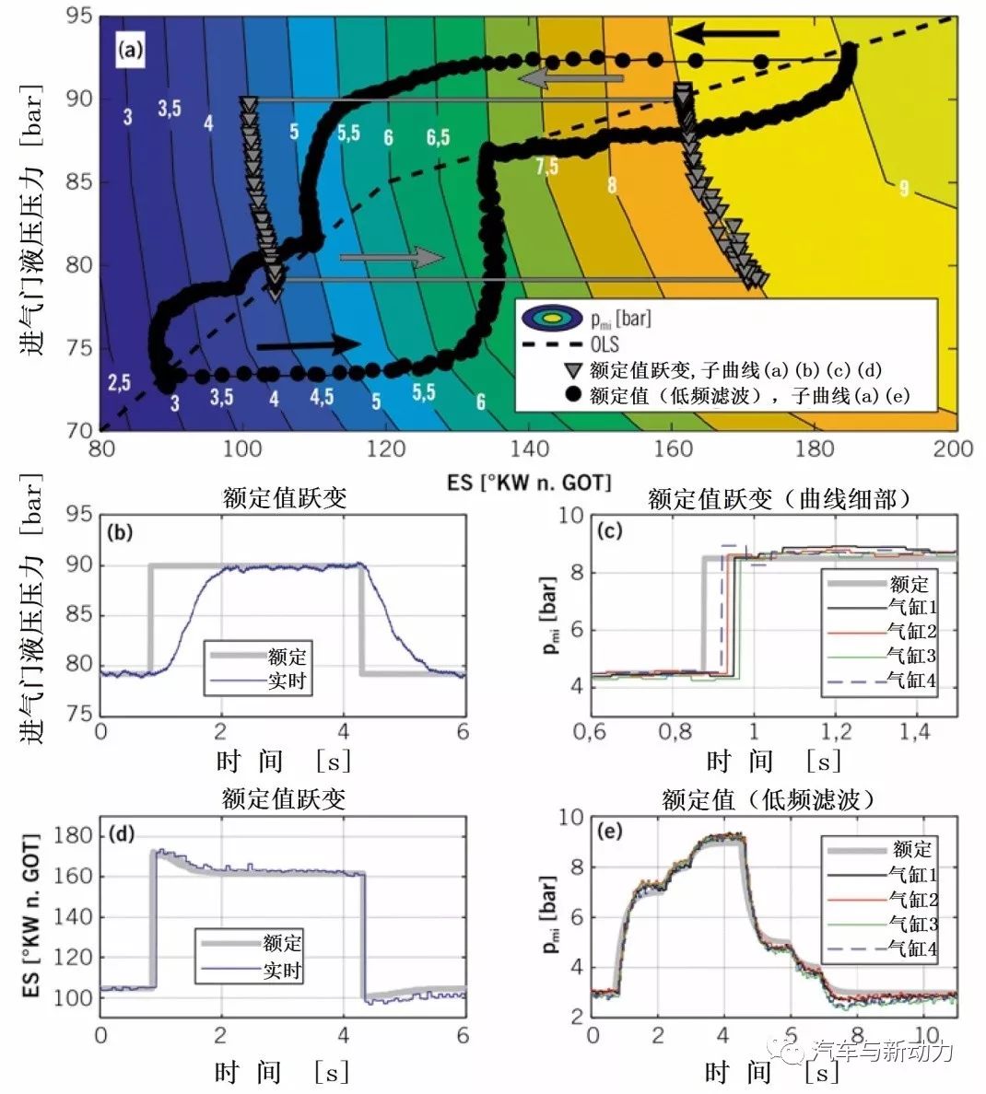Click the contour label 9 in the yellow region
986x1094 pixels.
[x=904, y=189]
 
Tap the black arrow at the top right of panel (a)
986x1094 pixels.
[x=727, y=35]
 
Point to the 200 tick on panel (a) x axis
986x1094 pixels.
[x=954, y=448]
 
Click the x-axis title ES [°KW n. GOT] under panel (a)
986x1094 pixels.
[x=529, y=482]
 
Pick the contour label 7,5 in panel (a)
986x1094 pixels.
[x=546, y=166]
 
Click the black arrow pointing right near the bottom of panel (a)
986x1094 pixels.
[x=309, y=344]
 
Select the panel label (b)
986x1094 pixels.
[x=122, y=532]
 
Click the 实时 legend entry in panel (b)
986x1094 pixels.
[x=287, y=681]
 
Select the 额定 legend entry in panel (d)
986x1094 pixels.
[x=282, y=943]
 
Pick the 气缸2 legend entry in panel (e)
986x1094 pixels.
[x=912, y=899]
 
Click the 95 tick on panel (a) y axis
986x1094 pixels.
[x=80, y=16]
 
